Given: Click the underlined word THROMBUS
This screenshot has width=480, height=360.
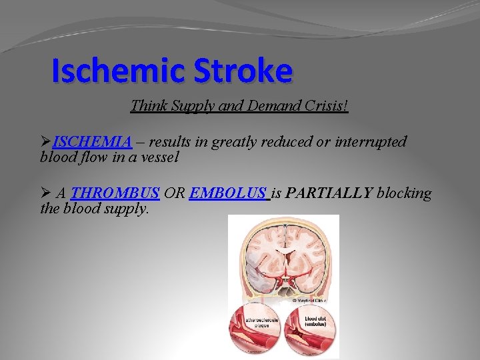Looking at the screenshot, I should coord(115,193).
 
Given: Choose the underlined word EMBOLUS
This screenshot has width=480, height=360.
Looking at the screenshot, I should coord(228,193).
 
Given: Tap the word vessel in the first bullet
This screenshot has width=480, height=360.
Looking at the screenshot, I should coord(160,157).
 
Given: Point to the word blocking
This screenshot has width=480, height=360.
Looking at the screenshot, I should coord(404,193).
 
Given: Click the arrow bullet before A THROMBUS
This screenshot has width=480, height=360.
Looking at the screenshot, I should coord(46,193).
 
